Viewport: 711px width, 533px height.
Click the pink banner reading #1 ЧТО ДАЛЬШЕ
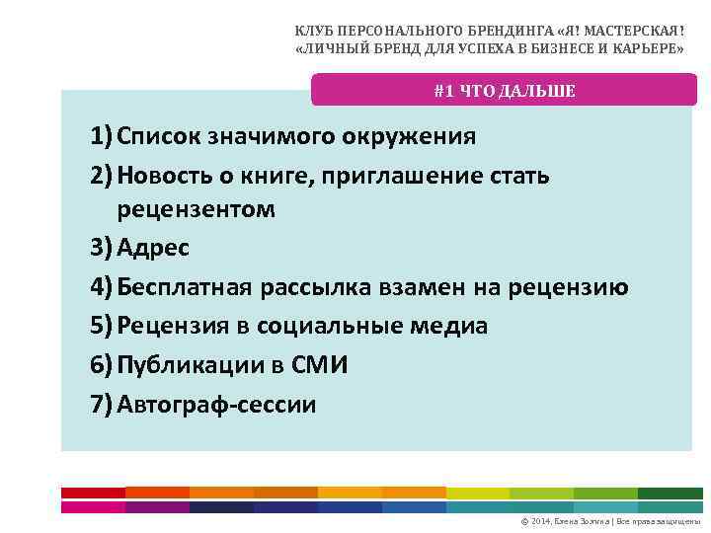click(504, 91)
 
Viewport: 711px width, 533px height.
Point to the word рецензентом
click(196, 209)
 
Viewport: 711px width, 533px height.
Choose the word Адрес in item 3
click(154, 247)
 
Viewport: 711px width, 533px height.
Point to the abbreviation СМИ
click(320, 365)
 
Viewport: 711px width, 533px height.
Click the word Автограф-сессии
click(216, 404)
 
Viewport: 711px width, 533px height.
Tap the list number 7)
click(100, 404)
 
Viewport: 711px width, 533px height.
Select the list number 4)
click(100, 287)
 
